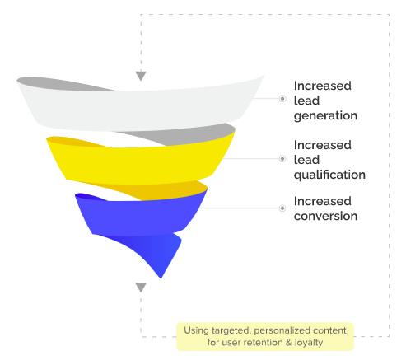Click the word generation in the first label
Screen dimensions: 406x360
pyautogui.click(x=325, y=116)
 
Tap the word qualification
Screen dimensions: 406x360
pyautogui.click(x=329, y=175)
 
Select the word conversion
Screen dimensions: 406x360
pyautogui.click(x=325, y=217)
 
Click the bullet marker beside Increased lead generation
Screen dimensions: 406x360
pyautogui.click(x=282, y=98)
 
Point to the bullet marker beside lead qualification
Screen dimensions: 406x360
pyautogui.click(x=282, y=159)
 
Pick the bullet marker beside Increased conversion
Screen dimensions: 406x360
pyautogui.click(x=282, y=208)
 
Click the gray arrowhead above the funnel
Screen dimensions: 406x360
pyautogui.click(x=141, y=76)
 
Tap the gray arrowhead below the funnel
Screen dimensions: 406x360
pyautogui.click(x=141, y=288)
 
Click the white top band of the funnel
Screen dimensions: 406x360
pyautogui.click(x=138, y=110)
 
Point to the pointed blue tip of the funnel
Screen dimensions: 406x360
pyautogui.click(x=161, y=278)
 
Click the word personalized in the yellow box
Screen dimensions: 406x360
pyautogui.click(x=282, y=331)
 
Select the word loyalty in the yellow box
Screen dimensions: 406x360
pyautogui.click(x=309, y=344)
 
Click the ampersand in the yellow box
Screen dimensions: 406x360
pyautogui.click(x=288, y=343)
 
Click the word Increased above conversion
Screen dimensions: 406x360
pyautogui.click(x=323, y=201)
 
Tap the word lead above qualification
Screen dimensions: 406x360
pyautogui.click(x=306, y=160)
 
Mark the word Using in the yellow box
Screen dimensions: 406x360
pyautogui.click(x=197, y=331)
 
